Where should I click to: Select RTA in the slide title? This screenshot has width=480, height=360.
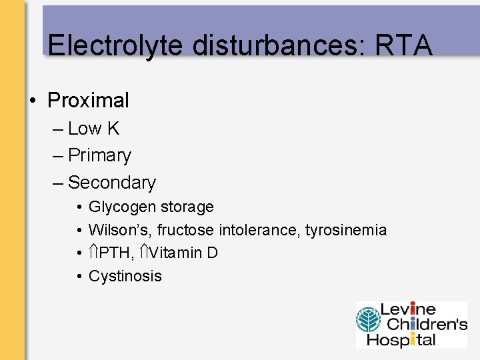point(404,45)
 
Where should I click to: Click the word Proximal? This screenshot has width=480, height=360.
point(89,101)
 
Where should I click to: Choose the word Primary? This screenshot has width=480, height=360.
point(100,155)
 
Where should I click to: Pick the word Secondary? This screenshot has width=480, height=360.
point(112,182)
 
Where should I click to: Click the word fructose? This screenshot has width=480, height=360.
point(186,230)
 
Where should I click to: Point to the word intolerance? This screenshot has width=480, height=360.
point(260,230)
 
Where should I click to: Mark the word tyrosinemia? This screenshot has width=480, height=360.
point(346,230)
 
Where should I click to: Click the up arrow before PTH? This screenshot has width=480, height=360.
point(93,253)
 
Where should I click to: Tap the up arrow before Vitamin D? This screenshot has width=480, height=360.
point(149,253)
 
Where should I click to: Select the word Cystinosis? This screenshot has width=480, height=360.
point(125,276)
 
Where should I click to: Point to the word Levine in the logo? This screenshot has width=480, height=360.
point(407,310)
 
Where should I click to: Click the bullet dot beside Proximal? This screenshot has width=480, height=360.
point(31,101)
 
